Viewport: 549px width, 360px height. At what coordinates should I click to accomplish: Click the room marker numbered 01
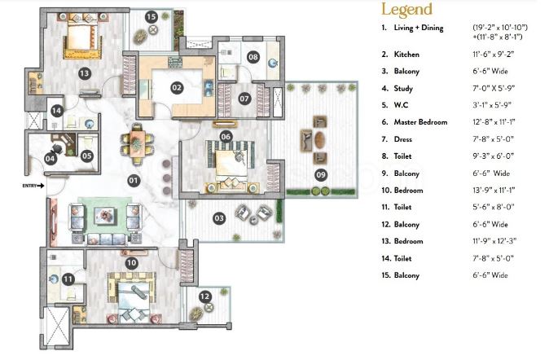pos(133,181)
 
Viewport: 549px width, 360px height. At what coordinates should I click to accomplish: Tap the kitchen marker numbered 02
pos(177,87)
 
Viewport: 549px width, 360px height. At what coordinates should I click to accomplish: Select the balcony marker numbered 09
pos(321,174)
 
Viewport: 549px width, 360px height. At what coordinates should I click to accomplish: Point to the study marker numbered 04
pos(51,159)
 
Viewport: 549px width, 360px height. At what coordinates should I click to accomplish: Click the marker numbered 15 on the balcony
pos(152,16)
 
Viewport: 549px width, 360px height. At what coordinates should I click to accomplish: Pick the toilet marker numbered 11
pos(68,279)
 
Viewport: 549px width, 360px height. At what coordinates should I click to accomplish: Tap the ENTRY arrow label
pos(33,186)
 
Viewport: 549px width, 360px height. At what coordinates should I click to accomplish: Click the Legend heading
pos(406,10)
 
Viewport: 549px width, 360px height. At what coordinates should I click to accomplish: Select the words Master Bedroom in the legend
pos(420,122)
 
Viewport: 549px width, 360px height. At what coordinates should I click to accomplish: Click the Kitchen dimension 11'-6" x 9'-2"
pos(493,55)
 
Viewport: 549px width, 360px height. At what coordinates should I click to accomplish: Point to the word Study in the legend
pos(403,89)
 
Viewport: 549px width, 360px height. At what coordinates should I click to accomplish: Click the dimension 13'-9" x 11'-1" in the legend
pos(494,191)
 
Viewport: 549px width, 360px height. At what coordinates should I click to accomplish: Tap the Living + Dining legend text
pos(419,28)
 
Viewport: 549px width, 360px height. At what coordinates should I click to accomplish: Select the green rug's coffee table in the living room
pos(104,215)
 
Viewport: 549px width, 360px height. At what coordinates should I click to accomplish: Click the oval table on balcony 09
pos(319,140)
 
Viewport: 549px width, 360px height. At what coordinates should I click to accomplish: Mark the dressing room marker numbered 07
pos(244,99)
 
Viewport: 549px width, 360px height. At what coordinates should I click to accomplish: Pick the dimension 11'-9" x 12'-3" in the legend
pos(494,241)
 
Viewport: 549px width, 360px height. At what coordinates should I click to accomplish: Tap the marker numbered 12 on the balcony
pos(204,297)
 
